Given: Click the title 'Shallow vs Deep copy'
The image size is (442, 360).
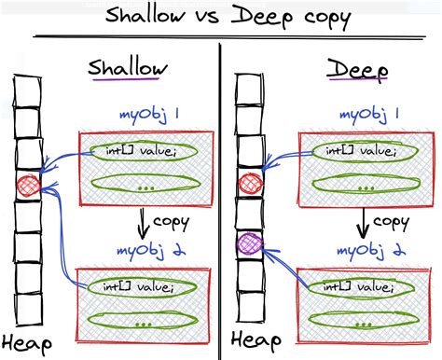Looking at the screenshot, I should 221,19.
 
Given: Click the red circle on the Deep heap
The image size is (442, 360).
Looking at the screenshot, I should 250,184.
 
